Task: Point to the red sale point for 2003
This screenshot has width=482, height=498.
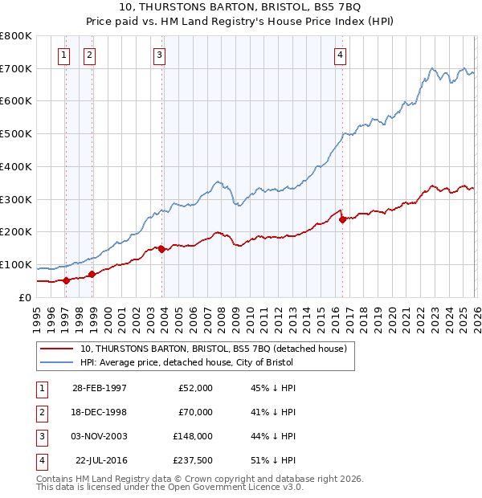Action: (162, 249)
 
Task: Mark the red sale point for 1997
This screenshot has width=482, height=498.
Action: (67, 280)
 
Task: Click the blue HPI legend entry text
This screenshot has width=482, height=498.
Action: (186, 363)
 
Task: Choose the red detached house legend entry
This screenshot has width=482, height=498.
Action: (213, 349)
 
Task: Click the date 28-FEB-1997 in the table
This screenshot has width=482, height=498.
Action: (100, 388)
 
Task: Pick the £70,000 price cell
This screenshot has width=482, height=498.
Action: (195, 412)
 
